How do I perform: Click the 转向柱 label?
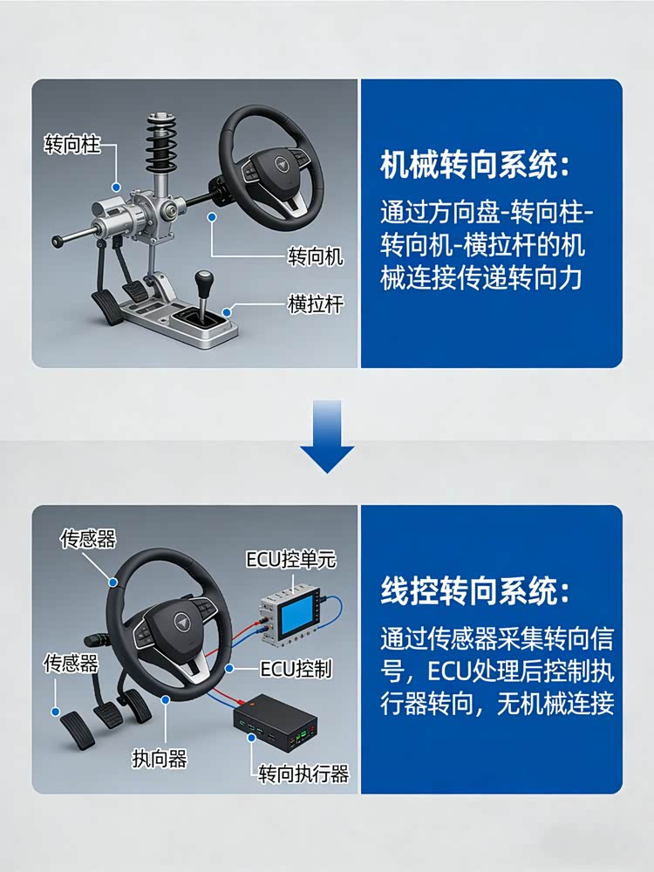coord(72,145)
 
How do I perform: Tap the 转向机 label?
coord(316,256)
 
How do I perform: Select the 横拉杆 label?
coord(316,304)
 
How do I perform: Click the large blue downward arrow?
coord(327,436)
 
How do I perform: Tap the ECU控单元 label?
coord(291,559)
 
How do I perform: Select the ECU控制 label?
coord(296,669)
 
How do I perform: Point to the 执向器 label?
coord(160,759)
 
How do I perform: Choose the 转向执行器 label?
coord(303,773)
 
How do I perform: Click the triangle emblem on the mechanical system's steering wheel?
coord(282,165)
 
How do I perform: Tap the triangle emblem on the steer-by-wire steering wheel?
coord(181,622)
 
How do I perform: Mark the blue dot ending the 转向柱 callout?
coord(116,187)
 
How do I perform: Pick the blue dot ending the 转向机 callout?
coord(211,217)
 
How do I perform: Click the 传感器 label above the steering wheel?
coord(88,538)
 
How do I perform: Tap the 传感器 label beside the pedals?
coord(72,663)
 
